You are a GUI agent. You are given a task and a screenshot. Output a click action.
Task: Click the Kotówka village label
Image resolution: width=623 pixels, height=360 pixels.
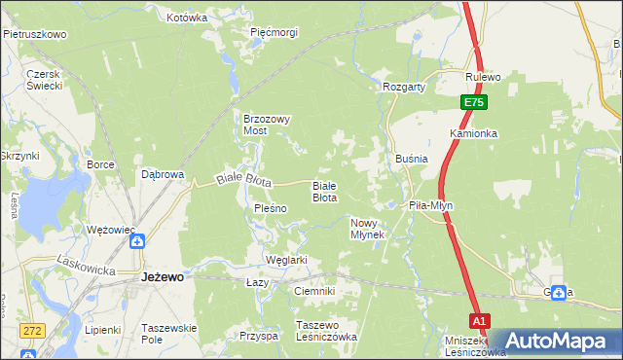pyautogui.click(x=188, y=18)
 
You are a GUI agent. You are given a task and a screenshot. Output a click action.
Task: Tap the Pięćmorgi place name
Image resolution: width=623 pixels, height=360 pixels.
pyautogui.click(x=274, y=32)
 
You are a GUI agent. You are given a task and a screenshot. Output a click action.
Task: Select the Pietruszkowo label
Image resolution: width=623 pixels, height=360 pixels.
pyautogui.click(x=34, y=34)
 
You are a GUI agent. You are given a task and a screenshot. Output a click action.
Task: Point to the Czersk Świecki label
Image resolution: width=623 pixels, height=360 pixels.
pyautogui.click(x=45, y=80)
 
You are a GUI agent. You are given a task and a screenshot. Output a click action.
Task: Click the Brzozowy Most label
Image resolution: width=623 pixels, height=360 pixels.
pyautogui.click(x=268, y=125)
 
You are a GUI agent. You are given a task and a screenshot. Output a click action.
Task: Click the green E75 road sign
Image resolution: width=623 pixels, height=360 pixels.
pyautogui.click(x=472, y=102)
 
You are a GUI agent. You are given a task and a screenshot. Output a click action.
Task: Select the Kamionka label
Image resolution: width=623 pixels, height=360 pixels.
pyautogui.click(x=474, y=132)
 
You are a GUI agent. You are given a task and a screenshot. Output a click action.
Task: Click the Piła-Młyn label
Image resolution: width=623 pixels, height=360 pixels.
pyautogui.click(x=430, y=206)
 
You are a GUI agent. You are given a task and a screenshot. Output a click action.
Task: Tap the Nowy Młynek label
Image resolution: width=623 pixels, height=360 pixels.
pyautogui.click(x=369, y=229)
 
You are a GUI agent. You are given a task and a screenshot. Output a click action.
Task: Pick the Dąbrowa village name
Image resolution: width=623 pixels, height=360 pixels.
pyautogui.click(x=163, y=175)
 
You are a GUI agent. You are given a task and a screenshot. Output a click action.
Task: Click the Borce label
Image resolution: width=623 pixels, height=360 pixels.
pyautogui.click(x=101, y=165)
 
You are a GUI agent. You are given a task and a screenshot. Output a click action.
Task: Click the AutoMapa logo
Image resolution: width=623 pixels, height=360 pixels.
pyautogui.click(x=558, y=341)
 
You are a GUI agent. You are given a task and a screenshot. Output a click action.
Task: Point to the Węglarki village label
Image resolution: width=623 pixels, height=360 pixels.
pyautogui.click(x=286, y=260)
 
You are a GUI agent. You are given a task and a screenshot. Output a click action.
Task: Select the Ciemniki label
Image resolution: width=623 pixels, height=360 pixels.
pyautogui.click(x=313, y=291)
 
